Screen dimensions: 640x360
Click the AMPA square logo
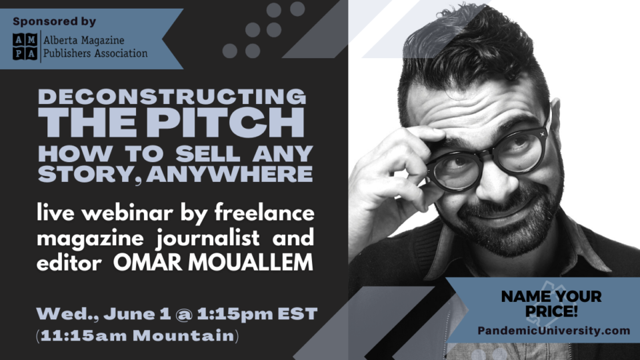[x=25, y=46]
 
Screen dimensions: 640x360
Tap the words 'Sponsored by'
[x=54, y=21]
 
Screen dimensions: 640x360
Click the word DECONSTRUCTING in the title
[x=172, y=97]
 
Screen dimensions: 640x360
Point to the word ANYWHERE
[x=229, y=173]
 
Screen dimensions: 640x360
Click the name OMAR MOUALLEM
[x=213, y=262]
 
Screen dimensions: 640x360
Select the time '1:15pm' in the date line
[x=235, y=314]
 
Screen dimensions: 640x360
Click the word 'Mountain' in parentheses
[x=183, y=335]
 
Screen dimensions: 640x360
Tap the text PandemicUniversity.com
[x=554, y=331]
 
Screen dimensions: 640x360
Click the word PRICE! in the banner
[x=551, y=311]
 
